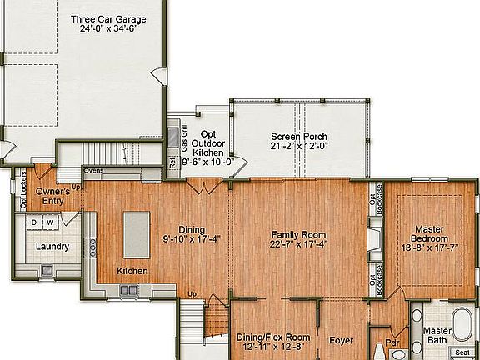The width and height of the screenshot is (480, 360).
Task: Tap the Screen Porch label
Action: point(298,137)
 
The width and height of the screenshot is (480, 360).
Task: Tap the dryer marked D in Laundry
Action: point(35,223)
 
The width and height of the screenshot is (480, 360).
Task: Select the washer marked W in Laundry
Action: point(50,223)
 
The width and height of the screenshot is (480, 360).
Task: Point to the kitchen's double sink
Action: point(128,290)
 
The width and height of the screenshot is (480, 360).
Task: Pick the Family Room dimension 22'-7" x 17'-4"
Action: point(298,245)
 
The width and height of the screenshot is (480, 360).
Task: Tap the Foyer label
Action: point(342,340)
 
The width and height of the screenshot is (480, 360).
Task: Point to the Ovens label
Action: point(92,172)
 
